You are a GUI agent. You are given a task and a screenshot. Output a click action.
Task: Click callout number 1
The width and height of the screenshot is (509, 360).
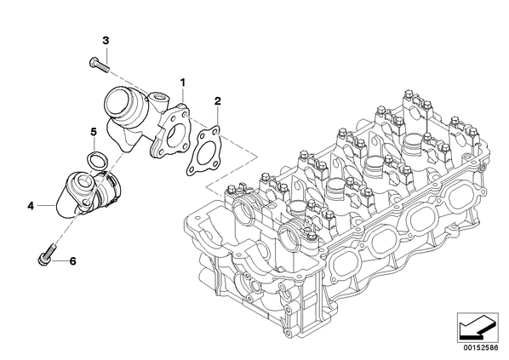tap(183, 83)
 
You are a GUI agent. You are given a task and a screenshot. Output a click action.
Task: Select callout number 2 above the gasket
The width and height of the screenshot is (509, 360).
tap(218, 100)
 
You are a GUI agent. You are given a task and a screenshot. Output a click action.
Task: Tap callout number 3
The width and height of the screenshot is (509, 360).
tap(106, 41)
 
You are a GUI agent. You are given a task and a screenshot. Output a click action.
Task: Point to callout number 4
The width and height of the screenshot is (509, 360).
tap(31, 205)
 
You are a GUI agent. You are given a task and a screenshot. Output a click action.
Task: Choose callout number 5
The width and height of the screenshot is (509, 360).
tap(94, 132)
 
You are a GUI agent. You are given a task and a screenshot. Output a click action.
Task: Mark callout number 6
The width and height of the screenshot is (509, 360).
tap(72, 260)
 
